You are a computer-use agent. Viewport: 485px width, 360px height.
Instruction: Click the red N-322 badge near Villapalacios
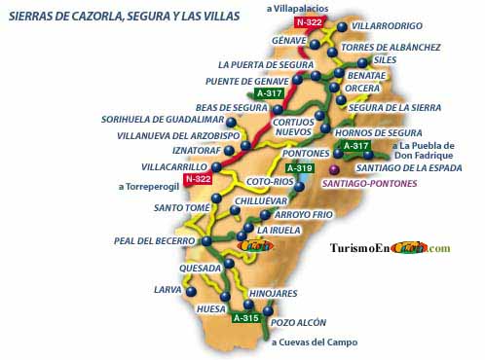310,21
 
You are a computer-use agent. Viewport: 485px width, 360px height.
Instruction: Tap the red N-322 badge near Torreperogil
198,179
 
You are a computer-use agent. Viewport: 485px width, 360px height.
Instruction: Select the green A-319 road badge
300,168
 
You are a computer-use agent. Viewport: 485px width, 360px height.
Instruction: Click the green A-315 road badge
245,317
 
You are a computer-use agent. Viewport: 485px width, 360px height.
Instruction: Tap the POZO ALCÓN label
298,322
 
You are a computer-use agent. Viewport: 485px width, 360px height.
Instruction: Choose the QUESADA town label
200,268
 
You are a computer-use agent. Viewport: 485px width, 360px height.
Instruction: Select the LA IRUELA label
277,231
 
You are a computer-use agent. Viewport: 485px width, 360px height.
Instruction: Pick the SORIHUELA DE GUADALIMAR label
161,120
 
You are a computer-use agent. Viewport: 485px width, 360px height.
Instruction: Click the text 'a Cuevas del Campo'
314,342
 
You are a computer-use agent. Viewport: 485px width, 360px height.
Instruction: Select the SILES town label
385,59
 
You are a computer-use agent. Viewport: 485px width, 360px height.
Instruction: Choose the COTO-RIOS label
270,182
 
